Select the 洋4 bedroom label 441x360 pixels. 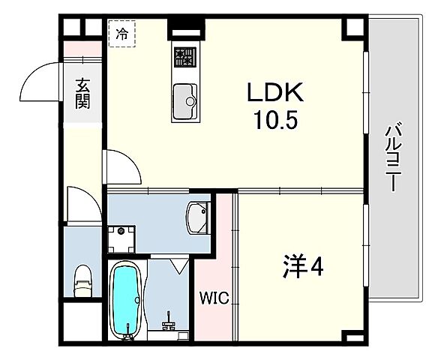tap(302, 268)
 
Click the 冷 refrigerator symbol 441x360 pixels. tap(121, 34)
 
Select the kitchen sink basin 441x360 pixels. tap(184, 99)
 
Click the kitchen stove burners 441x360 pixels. tap(184, 57)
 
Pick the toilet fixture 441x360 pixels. tap(82, 280)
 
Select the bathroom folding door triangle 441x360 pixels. tap(180, 265)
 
